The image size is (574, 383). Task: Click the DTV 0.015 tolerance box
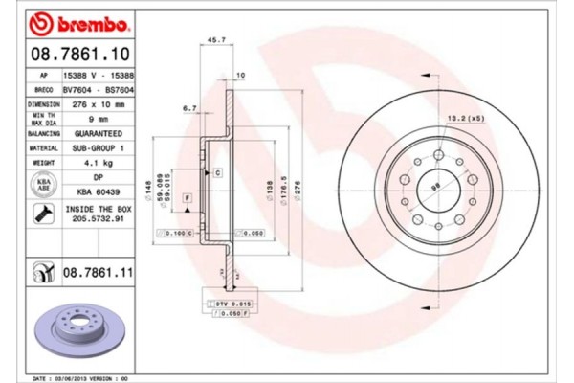coord(224,302)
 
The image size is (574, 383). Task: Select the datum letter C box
coord(217,172)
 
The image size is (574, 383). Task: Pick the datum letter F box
coord(188,197)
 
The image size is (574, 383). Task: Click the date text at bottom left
coord(82,378)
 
